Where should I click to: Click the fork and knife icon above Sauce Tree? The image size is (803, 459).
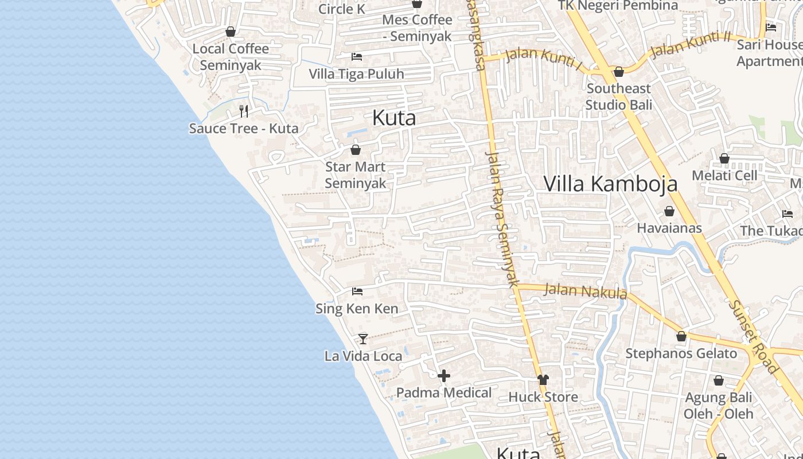244,111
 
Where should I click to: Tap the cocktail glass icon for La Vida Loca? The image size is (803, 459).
363,339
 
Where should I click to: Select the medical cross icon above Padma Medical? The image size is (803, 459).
444,376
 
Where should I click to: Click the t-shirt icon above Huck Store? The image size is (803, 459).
543,379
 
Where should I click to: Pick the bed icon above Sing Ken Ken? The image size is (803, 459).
357,291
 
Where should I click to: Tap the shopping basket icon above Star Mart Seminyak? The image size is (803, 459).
356,150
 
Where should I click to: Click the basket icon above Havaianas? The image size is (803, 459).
669,211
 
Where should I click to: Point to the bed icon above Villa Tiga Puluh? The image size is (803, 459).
357,57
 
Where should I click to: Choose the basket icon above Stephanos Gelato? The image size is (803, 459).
681,336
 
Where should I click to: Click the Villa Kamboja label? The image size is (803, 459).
610,184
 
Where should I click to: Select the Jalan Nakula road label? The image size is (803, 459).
585,291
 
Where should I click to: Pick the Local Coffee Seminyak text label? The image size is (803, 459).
231,57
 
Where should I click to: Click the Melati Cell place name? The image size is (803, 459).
724,176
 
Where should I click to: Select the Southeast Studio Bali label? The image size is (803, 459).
619,96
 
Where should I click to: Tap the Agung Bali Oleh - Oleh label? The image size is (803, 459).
719,405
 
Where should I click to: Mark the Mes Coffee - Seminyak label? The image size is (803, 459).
417,28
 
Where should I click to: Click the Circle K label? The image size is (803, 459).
342,9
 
